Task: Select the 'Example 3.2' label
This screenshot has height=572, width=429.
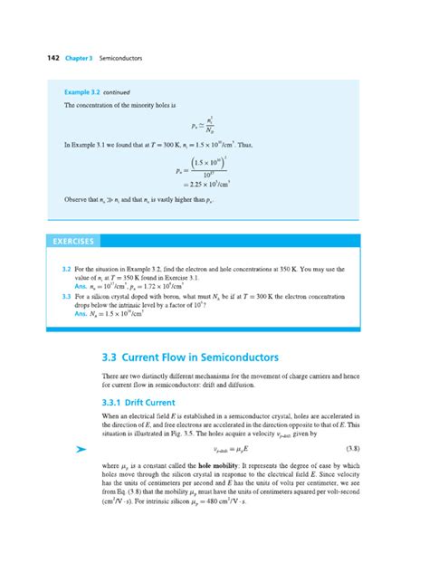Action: pyautogui.click(x=82, y=91)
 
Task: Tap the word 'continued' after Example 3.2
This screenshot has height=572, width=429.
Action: pyautogui.click(x=118, y=91)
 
